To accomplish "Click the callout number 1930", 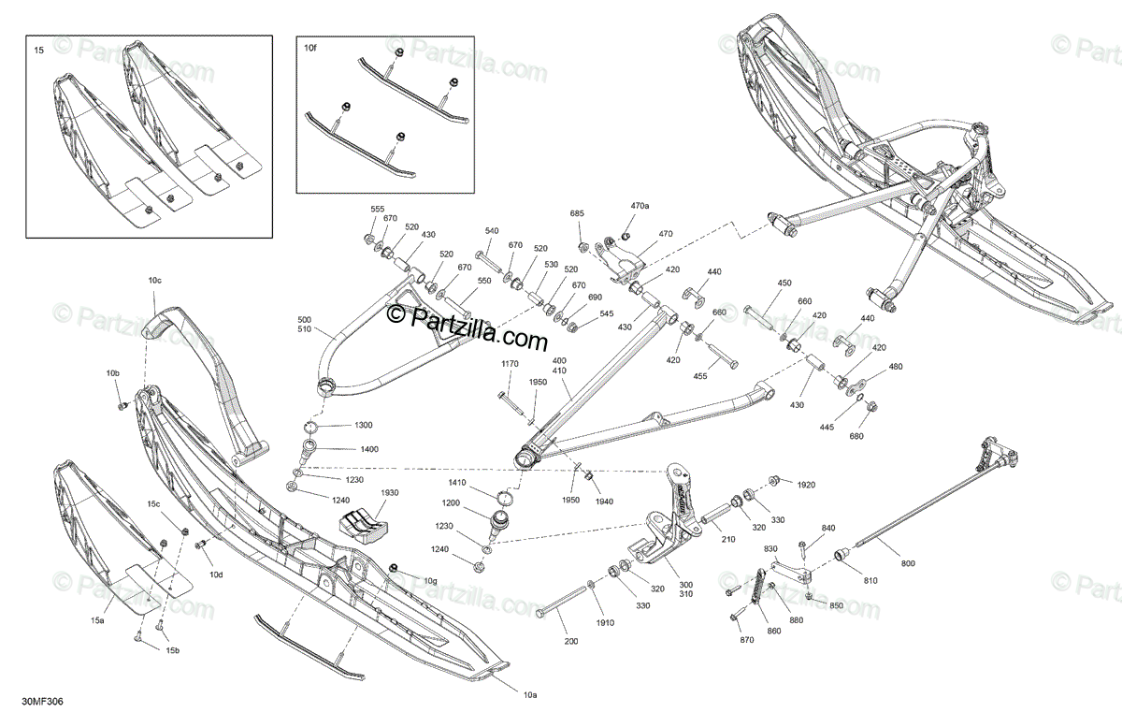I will [x=389, y=493].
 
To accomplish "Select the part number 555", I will [x=378, y=209].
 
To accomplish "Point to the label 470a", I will [x=640, y=205].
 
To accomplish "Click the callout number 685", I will [x=577, y=214].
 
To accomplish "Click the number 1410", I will [x=457, y=483].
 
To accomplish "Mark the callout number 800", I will [x=908, y=563].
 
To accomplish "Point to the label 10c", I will [x=154, y=280].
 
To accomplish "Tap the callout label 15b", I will [x=172, y=650].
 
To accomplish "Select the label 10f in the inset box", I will [x=310, y=46].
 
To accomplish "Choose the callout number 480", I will [x=896, y=367].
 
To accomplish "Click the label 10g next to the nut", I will [x=430, y=581].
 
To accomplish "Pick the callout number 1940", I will [x=603, y=502].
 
